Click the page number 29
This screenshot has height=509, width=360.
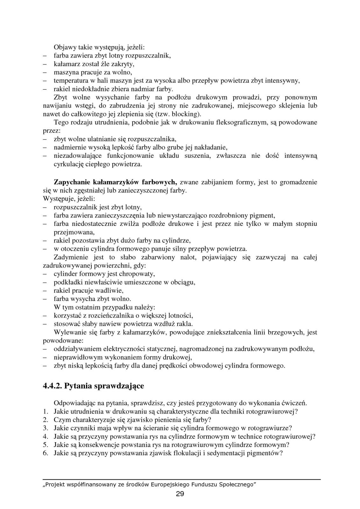[180, 494]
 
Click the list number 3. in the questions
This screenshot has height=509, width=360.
[46, 428]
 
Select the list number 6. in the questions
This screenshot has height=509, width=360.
[46, 453]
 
